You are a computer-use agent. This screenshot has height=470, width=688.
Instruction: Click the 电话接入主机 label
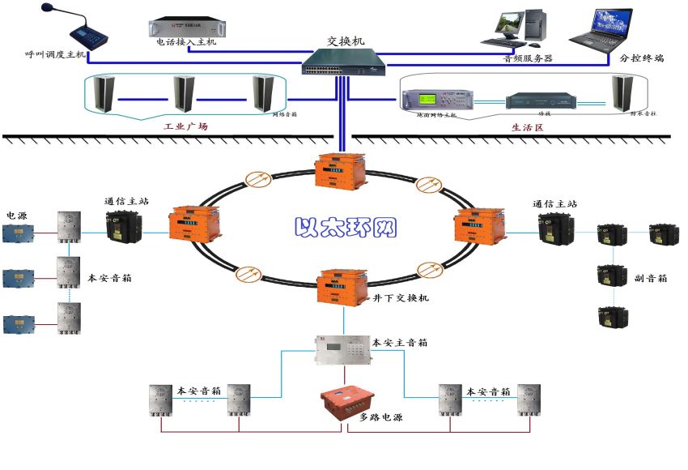pyautogui.click(x=186, y=42)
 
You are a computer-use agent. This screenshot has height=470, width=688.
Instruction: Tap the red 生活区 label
pyautogui.click(x=526, y=127)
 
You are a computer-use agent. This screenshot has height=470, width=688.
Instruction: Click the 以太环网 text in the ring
pyautogui.click(x=346, y=226)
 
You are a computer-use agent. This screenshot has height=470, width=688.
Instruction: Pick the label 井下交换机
pyautogui.click(x=401, y=298)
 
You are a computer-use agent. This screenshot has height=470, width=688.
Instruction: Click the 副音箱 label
pyautogui.click(x=651, y=278)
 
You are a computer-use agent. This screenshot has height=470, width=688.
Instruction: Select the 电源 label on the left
pyautogui.click(x=17, y=216)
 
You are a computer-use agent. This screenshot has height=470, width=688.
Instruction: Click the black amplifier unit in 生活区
pyautogui.click(x=541, y=101)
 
